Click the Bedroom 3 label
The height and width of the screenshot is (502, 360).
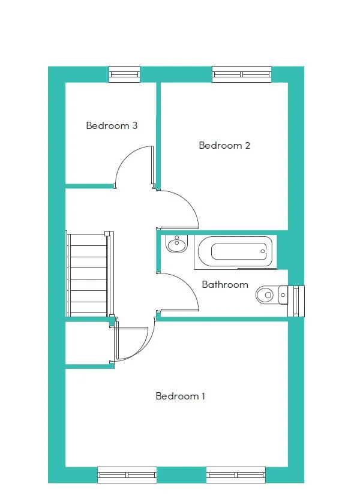(x=112, y=126)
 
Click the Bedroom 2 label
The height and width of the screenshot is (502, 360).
(x=224, y=146)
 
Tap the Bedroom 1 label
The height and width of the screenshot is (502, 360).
(x=180, y=396)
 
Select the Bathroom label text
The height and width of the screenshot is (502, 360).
(x=225, y=285)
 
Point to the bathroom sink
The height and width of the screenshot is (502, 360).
(x=176, y=244)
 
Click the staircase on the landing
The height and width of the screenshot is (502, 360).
(x=89, y=274)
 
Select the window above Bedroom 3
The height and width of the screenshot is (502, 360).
(x=124, y=74)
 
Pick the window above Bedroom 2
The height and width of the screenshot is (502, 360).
(x=242, y=74)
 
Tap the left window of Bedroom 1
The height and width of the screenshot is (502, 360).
(x=127, y=475)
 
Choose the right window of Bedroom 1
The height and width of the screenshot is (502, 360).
(x=236, y=475)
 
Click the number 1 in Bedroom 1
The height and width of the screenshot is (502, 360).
(x=203, y=396)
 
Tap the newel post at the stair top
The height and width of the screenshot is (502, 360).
(x=107, y=233)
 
